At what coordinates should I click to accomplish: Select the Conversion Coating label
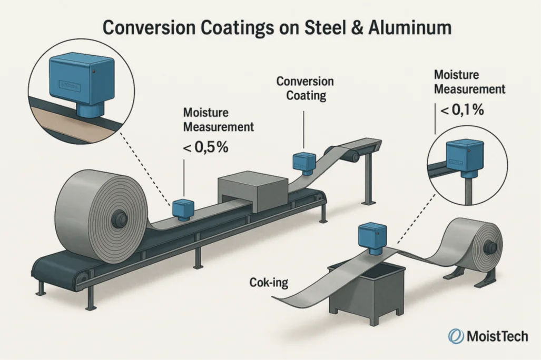305,88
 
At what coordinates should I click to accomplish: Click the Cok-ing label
269,283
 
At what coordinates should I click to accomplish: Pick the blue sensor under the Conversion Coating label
304,162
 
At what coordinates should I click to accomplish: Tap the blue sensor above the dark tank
373,237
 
